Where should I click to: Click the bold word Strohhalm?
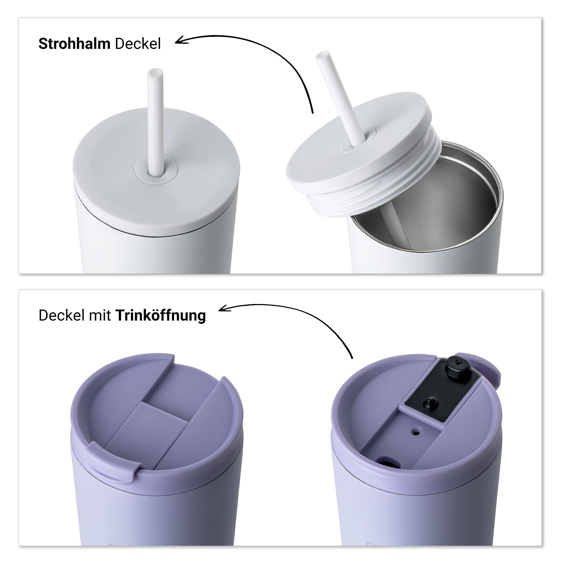click(x=74, y=44)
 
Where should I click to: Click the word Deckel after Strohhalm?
click(x=138, y=44)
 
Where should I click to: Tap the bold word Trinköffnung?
click(x=161, y=316)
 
